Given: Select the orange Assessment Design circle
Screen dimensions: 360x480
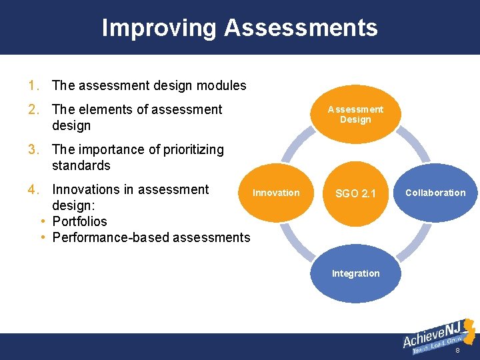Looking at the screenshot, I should [355, 114].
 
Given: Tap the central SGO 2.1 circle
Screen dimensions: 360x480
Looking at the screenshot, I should [355, 193].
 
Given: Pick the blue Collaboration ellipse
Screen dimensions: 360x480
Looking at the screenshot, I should [435, 193].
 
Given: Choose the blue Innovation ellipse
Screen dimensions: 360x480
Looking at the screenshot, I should [276, 193].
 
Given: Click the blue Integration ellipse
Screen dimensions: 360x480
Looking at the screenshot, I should [355, 273].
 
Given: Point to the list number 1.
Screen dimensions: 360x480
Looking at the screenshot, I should [32, 85].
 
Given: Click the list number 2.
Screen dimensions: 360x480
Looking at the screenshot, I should [32, 109].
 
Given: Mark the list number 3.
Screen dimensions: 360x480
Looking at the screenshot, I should [32, 149].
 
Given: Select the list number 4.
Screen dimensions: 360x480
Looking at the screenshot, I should [32, 189].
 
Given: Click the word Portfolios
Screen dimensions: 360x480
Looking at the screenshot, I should [79, 221].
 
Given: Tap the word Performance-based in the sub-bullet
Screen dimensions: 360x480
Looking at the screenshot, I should [103, 237].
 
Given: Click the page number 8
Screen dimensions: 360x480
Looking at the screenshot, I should [457, 351].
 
